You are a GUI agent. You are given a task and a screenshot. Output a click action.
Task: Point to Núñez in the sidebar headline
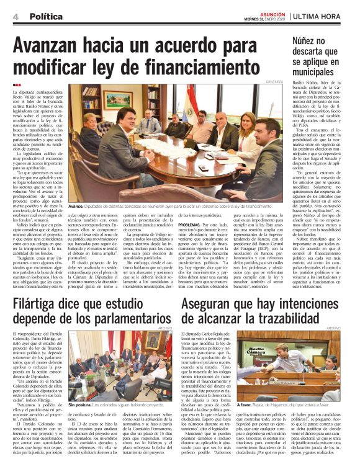click(308, 42)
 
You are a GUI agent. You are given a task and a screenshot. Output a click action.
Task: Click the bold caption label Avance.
click(76, 205)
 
